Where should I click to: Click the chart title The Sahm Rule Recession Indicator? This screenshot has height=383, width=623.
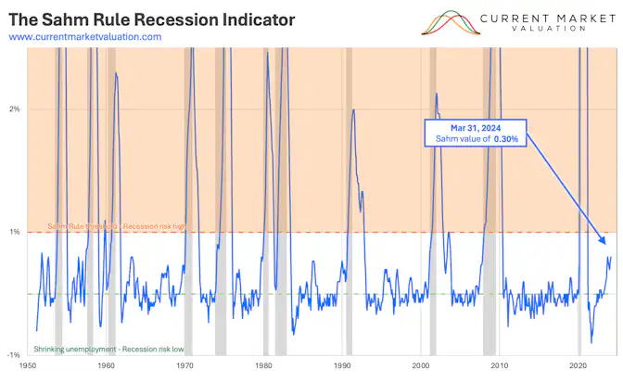click(x=151, y=19)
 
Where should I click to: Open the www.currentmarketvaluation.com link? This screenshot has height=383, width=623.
click(x=84, y=36)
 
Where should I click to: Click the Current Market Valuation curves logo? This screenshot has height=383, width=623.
click(x=454, y=22)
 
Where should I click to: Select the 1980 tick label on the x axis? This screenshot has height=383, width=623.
click(x=263, y=367)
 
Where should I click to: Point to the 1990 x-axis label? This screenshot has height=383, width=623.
click(x=342, y=367)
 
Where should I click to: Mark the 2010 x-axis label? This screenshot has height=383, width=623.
click(x=501, y=367)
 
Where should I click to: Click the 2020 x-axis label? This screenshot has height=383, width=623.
click(x=580, y=367)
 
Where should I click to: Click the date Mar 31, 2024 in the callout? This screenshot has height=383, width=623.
click(x=477, y=127)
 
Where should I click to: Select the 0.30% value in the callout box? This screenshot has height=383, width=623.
click(x=503, y=139)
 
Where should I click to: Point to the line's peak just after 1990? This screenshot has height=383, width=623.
click(x=353, y=111)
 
